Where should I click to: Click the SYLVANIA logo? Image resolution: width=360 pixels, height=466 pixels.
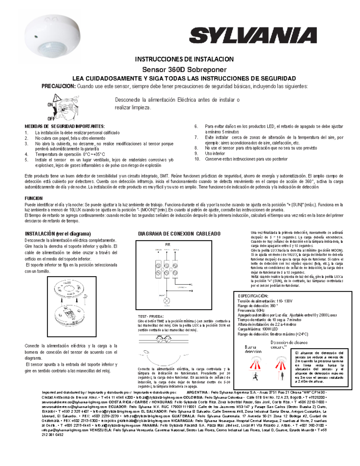[253, 35]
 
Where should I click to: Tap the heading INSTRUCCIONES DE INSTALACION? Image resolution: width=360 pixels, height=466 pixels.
[184, 59]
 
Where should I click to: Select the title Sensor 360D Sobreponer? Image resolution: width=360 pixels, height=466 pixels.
[184, 70]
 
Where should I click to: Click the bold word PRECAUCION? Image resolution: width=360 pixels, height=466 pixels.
[58, 86]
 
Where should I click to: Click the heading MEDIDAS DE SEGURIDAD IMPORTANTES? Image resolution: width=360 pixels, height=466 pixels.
[64, 126]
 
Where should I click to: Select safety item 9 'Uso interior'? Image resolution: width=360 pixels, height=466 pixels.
[215, 153]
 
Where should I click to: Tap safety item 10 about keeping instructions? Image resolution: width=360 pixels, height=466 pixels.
[246, 159]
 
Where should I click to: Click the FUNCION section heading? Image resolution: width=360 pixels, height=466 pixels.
[34, 198]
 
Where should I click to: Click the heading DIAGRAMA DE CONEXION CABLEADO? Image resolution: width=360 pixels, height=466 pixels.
[179, 234]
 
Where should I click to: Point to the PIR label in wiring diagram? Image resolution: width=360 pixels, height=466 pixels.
[168, 245]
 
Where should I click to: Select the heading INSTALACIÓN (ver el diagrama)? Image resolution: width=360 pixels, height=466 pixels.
[58, 234]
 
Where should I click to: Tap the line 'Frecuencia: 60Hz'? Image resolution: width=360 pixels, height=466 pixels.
[251, 310]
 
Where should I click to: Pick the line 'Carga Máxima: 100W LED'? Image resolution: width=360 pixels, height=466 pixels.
[258, 329]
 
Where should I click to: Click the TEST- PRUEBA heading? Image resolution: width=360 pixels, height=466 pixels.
[151, 316]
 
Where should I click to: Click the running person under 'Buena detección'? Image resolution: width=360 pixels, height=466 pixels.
[255, 377]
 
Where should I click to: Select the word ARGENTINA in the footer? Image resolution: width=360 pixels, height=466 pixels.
[197, 392]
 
